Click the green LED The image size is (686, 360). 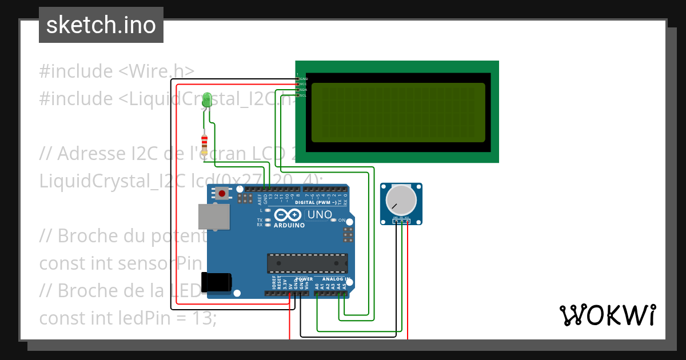point(207,99)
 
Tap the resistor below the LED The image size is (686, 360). point(205,142)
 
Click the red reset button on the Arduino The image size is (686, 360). point(222,194)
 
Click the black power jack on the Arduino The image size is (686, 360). point(217,281)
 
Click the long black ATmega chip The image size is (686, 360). point(307,263)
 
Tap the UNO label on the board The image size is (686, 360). point(320,215)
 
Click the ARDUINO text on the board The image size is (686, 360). point(289,225)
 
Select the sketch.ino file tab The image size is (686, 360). point(101,25)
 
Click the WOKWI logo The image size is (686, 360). point(607,315)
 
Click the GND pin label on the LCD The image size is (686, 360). point(304,79)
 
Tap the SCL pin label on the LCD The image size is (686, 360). point(304,95)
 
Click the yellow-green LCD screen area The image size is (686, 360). point(398,113)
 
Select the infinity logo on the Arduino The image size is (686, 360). point(288,215)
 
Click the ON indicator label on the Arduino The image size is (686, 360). point(342,221)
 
